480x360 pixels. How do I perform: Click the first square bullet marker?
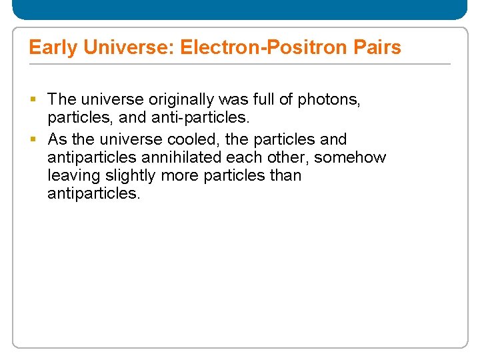33,100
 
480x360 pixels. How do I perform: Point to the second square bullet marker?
33,140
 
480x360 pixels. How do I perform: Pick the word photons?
329,100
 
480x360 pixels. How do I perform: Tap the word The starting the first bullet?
62,100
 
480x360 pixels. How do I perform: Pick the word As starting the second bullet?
57,140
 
